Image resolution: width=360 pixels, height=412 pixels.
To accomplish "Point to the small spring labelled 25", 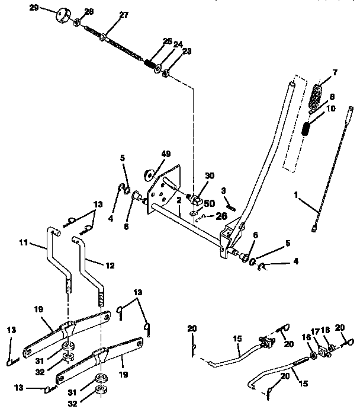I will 152,62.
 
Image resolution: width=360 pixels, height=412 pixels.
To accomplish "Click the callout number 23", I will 171,52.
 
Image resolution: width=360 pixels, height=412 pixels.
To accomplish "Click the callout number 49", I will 166,154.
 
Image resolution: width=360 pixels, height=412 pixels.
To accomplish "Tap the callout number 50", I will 210,203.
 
